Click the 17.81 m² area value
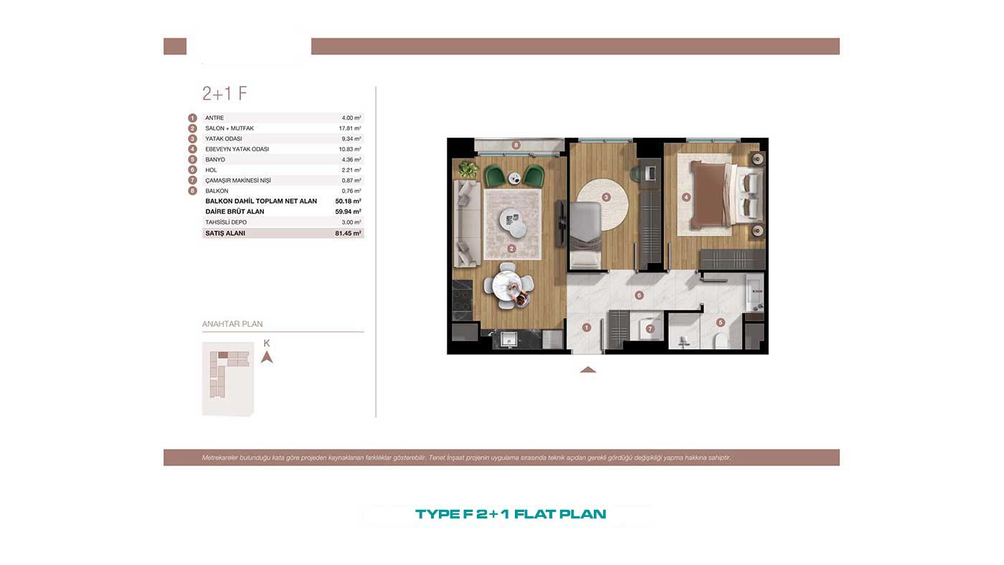(x=350, y=128)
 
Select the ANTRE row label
(x=214, y=118)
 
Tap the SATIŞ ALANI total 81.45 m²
(x=349, y=233)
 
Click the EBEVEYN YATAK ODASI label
(x=237, y=149)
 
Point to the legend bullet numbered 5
(x=192, y=159)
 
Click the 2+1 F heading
(x=224, y=93)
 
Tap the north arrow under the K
(x=267, y=357)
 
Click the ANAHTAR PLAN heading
(x=232, y=324)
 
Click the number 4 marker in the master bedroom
(x=686, y=197)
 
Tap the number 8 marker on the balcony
(x=516, y=145)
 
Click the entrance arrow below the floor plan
(x=588, y=370)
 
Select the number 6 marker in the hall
(x=639, y=295)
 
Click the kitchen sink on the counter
(x=508, y=338)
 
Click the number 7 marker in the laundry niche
(x=650, y=329)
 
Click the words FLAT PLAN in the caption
(x=560, y=514)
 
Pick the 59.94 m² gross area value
(x=349, y=212)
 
